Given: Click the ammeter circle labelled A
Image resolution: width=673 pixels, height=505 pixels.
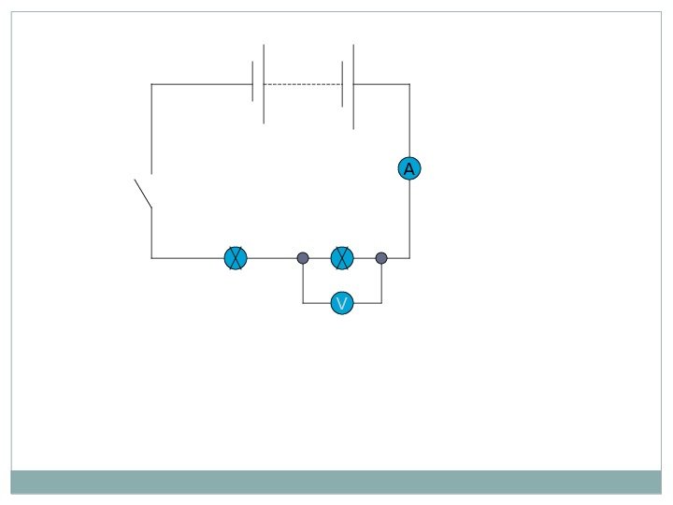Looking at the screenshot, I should click(x=408, y=169).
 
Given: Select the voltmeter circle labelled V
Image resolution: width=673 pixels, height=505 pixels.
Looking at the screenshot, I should click(x=342, y=303).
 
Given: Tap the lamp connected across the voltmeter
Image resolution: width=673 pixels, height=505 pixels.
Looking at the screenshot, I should click(x=342, y=258).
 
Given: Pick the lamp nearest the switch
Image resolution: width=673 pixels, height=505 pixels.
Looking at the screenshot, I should click(x=236, y=258).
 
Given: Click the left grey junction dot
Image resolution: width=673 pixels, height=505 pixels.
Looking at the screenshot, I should click(x=303, y=258).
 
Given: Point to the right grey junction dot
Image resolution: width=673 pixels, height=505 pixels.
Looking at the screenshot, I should click(x=381, y=258).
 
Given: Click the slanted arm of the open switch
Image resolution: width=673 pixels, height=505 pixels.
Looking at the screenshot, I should click(x=143, y=193).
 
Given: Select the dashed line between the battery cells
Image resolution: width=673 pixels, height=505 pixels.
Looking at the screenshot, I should click(x=302, y=84).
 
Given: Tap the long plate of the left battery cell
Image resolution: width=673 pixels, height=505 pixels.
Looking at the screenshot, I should click(x=264, y=84).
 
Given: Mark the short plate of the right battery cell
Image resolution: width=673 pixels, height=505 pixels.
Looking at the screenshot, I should click(x=342, y=84).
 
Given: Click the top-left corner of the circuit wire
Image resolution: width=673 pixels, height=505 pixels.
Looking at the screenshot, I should click(x=151, y=84).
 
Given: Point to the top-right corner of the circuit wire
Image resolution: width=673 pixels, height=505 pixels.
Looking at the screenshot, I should click(x=409, y=84).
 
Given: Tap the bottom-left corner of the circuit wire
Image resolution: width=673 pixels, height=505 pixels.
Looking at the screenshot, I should click(x=151, y=258).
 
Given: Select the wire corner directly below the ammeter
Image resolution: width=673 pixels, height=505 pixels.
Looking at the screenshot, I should click(x=409, y=258).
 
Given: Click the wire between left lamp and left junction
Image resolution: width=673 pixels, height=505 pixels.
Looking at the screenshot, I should click(x=272, y=258).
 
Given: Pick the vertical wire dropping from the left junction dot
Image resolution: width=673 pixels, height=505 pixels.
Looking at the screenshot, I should click(x=303, y=283).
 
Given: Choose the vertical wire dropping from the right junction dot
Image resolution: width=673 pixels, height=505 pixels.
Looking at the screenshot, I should click(x=381, y=283).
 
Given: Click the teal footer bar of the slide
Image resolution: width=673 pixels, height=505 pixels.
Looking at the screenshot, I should click(x=336, y=482).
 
